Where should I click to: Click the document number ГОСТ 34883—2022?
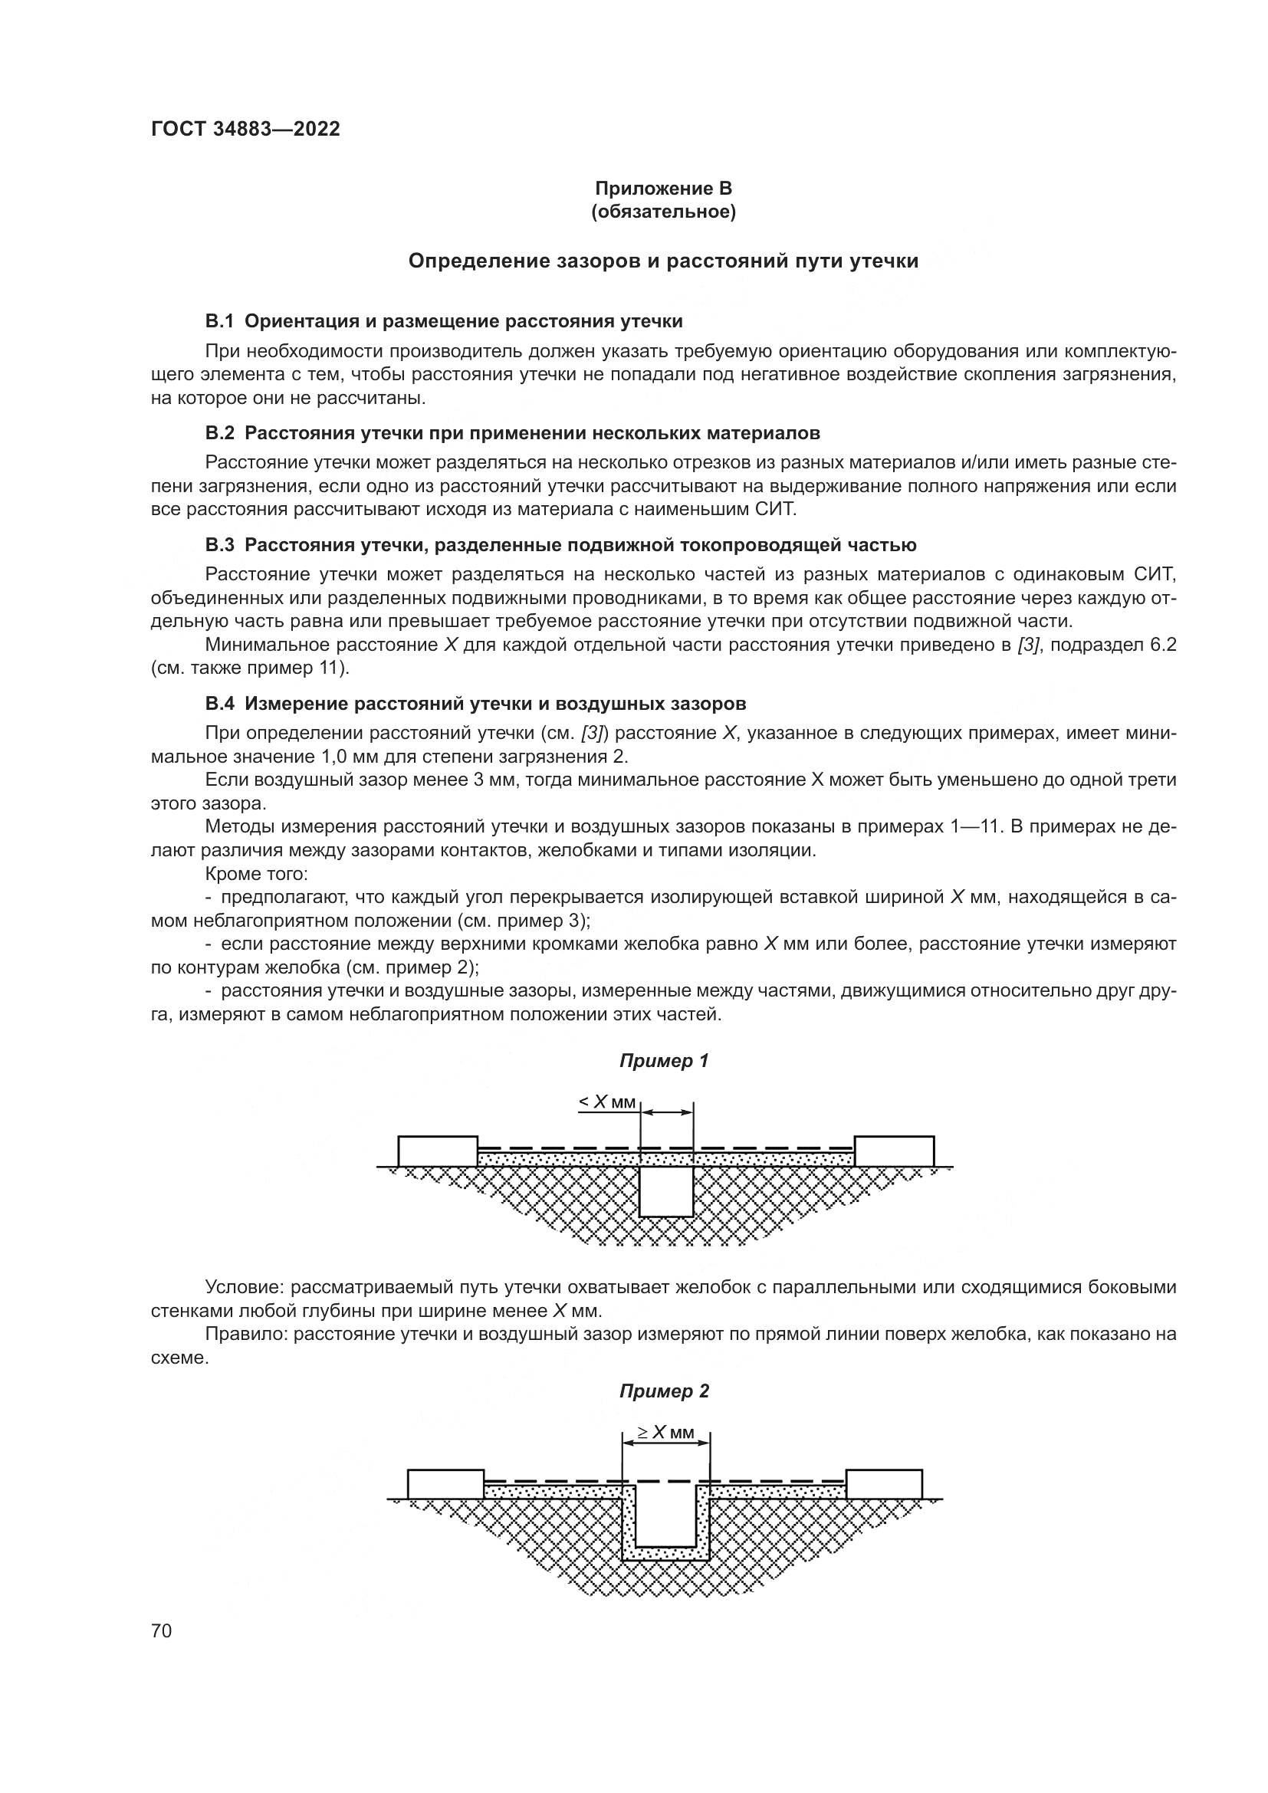(245, 130)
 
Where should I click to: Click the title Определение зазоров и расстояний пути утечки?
(663, 261)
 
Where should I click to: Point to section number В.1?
(219, 322)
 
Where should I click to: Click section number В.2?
(219, 433)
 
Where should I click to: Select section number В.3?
(219, 545)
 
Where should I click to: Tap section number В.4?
(219, 704)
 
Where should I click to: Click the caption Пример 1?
(664, 1061)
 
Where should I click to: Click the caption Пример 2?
(664, 1391)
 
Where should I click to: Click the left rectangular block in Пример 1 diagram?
(437, 1151)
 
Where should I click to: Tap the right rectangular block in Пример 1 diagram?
(894, 1151)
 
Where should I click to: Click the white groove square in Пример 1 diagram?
(666, 1191)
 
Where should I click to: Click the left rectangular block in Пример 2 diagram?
(445, 1485)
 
